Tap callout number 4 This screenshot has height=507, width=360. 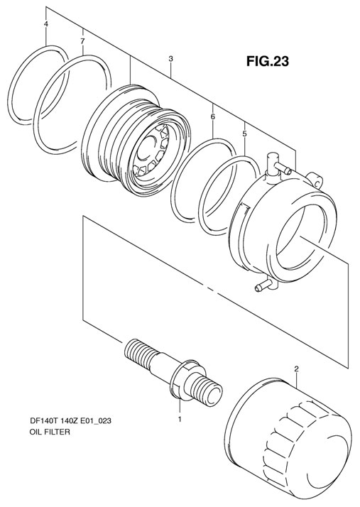tap(46, 25)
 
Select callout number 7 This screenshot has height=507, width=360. tap(82, 42)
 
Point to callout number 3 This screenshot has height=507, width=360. tap(170, 60)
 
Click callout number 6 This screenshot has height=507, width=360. tap(212, 114)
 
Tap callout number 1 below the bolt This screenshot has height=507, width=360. tap(180, 418)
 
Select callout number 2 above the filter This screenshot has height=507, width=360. tap(295, 369)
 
